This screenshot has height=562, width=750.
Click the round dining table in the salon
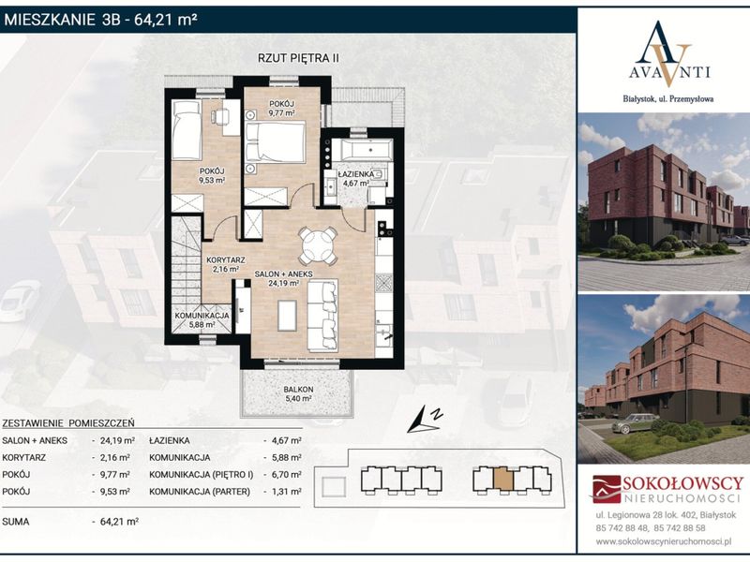click(x=317, y=246)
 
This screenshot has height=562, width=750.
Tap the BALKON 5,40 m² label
click(x=298, y=393)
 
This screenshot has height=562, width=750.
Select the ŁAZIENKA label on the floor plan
click(x=356, y=175)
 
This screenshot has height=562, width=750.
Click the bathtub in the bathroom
click(x=362, y=151)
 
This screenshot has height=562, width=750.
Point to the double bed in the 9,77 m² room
click(x=275, y=142)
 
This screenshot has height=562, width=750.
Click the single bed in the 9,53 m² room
click(x=187, y=130)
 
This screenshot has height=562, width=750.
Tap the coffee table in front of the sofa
click(x=287, y=315)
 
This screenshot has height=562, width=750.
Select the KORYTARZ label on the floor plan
click(x=226, y=260)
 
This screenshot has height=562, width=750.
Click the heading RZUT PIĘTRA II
click(x=298, y=58)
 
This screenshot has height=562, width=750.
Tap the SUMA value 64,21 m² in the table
click(x=119, y=522)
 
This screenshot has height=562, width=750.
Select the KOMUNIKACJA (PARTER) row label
click(x=200, y=491)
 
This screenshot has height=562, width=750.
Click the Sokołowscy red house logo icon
click(x=607, y=489)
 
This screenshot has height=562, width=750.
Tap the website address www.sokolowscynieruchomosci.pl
click(x=664, y=541)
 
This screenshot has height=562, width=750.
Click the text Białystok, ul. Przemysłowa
click(x=668, y=99)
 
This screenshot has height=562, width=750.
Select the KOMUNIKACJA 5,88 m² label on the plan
click(x=202, y=319)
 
